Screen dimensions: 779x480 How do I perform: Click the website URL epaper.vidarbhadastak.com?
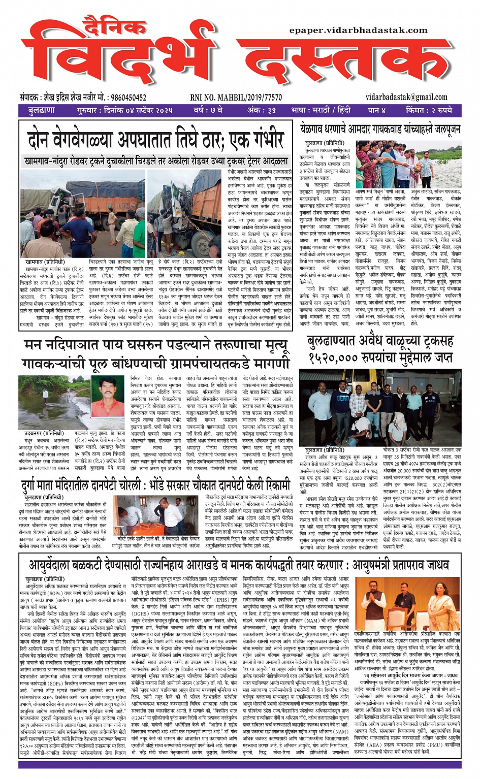point(358,30)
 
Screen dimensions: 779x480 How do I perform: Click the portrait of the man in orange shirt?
point(108,403)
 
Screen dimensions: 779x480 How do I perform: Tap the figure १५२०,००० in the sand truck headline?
point(334,358)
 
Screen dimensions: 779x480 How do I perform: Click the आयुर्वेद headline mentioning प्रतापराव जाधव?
point(239,565)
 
